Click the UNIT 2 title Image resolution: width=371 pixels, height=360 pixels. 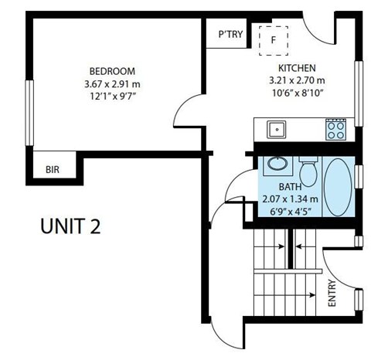pos(70,228)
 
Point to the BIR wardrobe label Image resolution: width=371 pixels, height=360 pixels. pos(53,169)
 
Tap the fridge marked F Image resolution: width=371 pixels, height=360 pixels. pos(273,39)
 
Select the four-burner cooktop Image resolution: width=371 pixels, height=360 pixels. pos(335,129)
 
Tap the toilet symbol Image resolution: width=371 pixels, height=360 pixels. pos(308,172)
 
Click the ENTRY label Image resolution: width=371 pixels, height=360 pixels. pos(332,294)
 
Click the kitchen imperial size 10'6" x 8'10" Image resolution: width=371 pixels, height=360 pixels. pos(296,93)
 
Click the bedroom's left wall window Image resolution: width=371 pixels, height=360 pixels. pos(29,112)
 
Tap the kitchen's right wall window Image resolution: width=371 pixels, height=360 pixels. pos(359,87)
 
